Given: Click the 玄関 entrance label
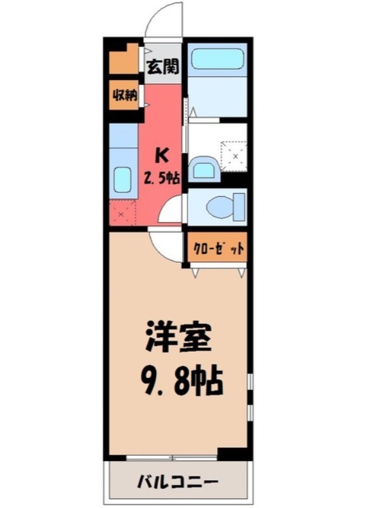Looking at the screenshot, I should coord(162,65).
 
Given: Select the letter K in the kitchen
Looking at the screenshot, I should coord(162,155).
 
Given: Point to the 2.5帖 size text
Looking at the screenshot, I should coord(162,178).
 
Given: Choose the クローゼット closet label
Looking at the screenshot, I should coord(216,248).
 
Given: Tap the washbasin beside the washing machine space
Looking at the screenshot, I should coord(203,168).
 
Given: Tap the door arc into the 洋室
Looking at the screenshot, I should coord(167,245).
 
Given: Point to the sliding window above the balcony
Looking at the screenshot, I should coord(172,457).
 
